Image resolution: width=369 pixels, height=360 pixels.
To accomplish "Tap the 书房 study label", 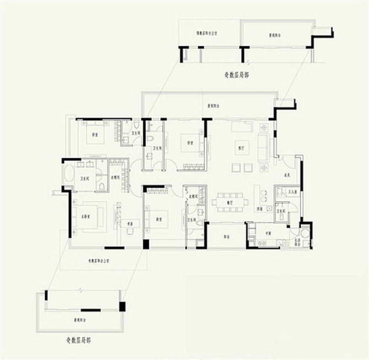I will pos(131,224).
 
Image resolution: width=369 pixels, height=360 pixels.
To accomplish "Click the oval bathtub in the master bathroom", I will pos(69,175).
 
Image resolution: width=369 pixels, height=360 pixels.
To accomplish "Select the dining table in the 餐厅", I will pos(230,202).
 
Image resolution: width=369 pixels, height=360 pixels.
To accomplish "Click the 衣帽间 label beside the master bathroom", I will pos(116,178).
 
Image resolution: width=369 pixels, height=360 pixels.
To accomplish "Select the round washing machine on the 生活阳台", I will pos(305,232).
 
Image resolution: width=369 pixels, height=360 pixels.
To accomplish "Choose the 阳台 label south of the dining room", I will pos(226,236).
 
